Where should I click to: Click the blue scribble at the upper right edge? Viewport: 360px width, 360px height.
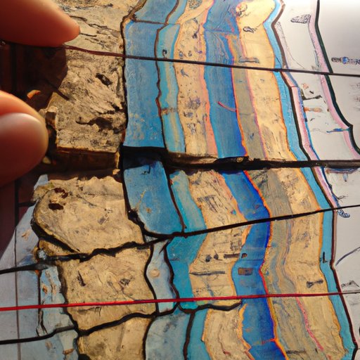[345, 61]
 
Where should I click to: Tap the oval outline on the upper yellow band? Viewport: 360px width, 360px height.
[249, 29]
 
